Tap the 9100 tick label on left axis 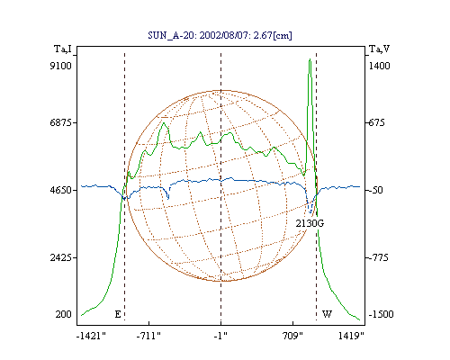[x=60, y=66]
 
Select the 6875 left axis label [x=60, y=122]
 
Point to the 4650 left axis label [x=60, y=190]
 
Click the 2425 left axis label [x=60, y=257]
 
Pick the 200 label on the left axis [x=63, y=314]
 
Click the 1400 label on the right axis [x=379, y=66]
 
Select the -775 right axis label [x=378, y=257]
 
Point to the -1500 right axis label [x=381, y=314]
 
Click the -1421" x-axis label [x=91, y=336]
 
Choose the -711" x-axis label [x=148, y=336]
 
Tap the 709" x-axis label [x=292, y=336]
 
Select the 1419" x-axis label [x=351, y=336]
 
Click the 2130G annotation [x=310, y=223]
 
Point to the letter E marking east [x=118, y=314]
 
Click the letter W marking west [x=327, y=314]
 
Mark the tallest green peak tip [x=310, y=59]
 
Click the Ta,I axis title [x=63, y=49]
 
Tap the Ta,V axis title [x=379, y=49]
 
